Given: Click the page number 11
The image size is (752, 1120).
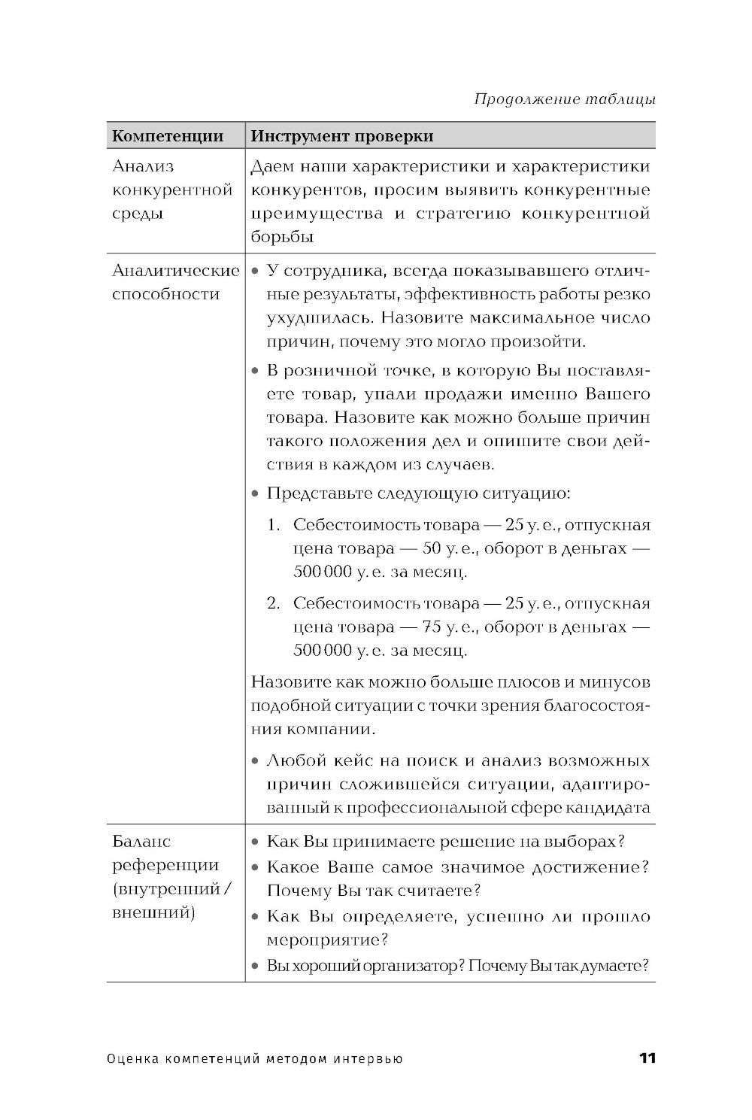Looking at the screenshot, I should (x=647, y=1058).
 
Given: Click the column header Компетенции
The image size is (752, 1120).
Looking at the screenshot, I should (x=168, y=136).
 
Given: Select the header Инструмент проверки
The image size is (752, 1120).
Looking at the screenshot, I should (x=341, y=136).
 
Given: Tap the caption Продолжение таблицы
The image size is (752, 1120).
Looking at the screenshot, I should (x=565, y=99).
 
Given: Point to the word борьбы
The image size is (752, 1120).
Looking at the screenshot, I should (x=282, y=237).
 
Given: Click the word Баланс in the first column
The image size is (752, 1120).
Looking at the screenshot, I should (x=141, y=841).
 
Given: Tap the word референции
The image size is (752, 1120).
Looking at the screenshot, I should (x=165, y=865).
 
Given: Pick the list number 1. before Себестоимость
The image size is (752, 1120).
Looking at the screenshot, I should (x=274, y=524).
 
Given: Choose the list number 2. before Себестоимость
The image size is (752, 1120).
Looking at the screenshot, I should (x=274, y=603).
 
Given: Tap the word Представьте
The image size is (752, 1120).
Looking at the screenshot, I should (x=316, y=494).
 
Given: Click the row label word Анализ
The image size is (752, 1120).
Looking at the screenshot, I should (x=143, y=166).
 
